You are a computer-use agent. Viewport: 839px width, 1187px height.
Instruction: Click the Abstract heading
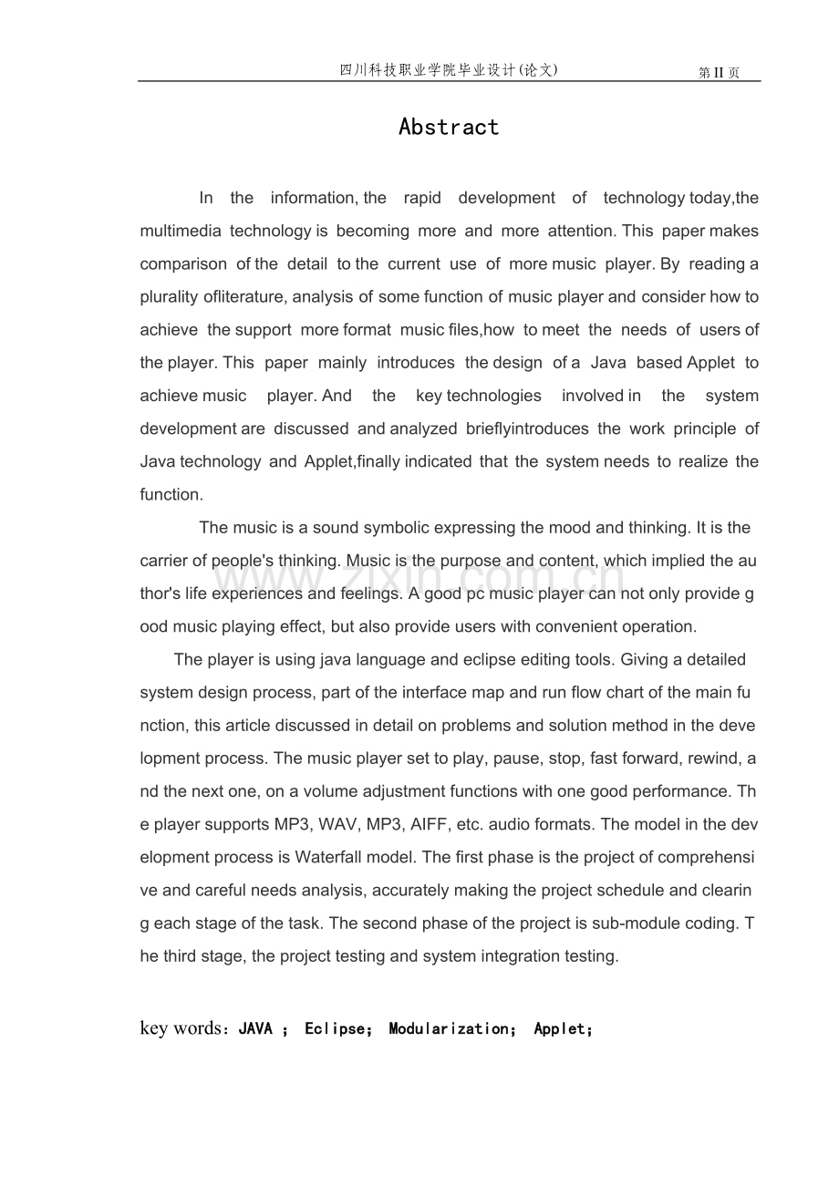[449, 127]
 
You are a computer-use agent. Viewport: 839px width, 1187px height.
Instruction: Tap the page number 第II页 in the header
[719, 73]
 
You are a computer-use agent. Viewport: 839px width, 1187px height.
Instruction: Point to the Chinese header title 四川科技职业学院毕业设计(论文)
[448, 69]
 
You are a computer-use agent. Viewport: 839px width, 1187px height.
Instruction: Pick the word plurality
[171, 296]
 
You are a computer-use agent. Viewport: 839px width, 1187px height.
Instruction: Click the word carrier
[164, 560]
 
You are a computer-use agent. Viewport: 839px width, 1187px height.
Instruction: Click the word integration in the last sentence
[514, 955]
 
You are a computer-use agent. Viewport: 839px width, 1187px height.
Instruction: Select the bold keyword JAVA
[255, 1028]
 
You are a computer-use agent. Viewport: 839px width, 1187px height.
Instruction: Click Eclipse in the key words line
[334, 1028]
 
